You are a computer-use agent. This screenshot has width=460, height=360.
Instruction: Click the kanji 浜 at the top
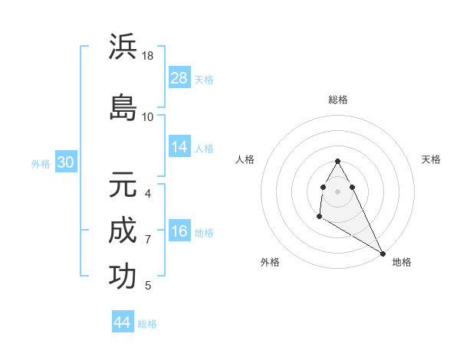click(x=123, y=47)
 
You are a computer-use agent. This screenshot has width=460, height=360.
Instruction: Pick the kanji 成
click(x=123, y=231)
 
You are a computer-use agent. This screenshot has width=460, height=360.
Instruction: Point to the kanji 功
click(x=123, y=277)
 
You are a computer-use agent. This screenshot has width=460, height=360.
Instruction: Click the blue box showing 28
click(x=179, y=77)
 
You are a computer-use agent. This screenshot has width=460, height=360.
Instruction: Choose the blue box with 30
click(x=65, y=162)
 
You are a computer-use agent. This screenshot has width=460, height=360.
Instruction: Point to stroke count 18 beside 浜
click(x=148, y=56)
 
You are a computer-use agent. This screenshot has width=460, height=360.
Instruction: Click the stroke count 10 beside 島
click(x=148, y=116)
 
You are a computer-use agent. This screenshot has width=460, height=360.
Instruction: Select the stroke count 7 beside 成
click(x=148, y=240)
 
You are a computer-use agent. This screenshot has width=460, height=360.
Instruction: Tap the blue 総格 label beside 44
click(x=147, y=324)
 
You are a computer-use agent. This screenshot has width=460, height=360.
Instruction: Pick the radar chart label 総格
click(x=338, y=100)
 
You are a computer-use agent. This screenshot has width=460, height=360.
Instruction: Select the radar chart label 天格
click(x=431, y=159)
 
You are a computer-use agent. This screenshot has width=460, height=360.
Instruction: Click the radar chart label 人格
click(x=245, y=159)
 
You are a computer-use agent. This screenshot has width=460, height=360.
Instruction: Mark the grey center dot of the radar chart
click(x=338, y=191)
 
